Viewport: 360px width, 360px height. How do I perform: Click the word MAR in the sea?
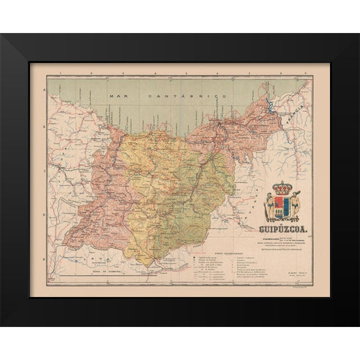pos(115,98)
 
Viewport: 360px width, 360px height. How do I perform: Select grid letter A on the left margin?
pos(44,89)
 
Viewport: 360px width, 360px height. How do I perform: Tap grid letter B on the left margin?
pos(44,133)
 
